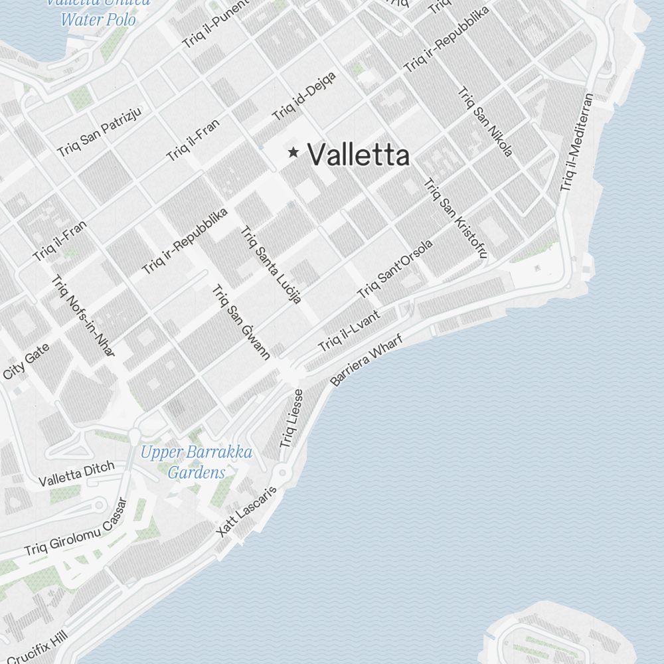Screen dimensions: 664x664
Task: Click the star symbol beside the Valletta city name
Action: (x=293, y=153)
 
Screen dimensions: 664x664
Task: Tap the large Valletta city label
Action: (x=359, y=155)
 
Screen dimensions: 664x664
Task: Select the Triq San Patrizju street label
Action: (x=100, y=131)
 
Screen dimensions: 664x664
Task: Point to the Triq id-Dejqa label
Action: (x=304, y=96)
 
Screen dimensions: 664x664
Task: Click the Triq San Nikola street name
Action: (x=485, y=122)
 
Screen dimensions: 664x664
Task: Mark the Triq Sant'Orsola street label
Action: (x=395, y=268)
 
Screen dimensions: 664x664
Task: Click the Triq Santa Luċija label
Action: (x=271, y=264)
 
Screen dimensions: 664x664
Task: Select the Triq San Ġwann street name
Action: (x=241, y=322)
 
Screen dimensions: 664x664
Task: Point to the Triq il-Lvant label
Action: (x=348, y=331)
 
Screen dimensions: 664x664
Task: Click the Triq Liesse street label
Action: (x=291, y=418)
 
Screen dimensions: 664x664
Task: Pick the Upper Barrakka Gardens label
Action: (x=197, y=462)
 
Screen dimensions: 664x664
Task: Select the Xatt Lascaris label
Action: (x=246, y=511)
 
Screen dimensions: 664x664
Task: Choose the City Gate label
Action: (x=25, y=361)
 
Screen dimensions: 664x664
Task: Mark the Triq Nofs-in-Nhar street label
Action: (x=83, y=316)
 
